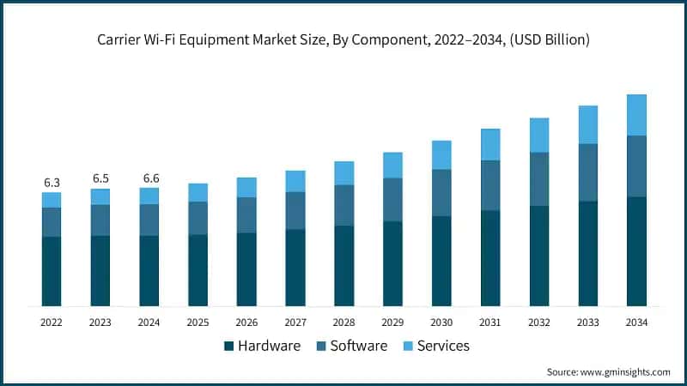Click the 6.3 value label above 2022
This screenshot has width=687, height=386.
click(52, 183)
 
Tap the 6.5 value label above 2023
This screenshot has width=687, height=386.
click(100, 178)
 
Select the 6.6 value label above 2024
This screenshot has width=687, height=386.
click(149, 178)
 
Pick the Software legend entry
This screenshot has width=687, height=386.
click(352, 346)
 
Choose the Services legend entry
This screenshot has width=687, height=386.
click(438, 346)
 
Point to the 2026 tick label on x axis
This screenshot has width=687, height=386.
click(246, 323)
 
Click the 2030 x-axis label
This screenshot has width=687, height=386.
click(441, 323)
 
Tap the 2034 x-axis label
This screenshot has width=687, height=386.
click(636, 323)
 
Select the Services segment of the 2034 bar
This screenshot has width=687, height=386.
click(636, 115)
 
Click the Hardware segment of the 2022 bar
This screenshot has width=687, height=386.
click(52, 271)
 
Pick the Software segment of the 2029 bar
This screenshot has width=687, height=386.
click(392, 200)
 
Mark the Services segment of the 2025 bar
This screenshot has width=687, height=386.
click(198, 192)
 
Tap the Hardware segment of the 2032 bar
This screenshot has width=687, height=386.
click(539, 256)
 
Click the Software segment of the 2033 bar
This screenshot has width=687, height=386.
click(587, 172)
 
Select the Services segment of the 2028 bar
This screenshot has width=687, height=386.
click(343, 173)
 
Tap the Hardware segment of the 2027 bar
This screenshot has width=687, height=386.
click(295, 268)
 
